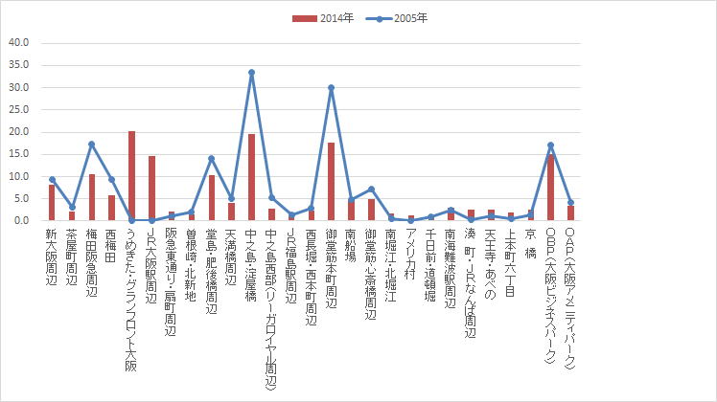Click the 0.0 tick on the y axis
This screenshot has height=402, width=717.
pyautogui.click(x=21, y=220)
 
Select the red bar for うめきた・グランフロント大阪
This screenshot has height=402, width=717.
pyautogui.click(x=131, y=176)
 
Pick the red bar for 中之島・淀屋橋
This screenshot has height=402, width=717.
pyautogui.click(x=251, y=177)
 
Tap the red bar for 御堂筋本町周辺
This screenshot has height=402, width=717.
pyautogui.click(x=331, y=182)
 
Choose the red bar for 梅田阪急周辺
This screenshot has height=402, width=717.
pyautogui.click(x=91, y=197)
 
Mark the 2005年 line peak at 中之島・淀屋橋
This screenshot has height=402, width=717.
pyautogui.click(x=251, y=72)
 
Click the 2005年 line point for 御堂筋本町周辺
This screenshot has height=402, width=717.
pyautogui.click(x=331, y=87)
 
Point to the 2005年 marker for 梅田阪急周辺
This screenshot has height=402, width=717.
pyautogui.click(x=91, y=144)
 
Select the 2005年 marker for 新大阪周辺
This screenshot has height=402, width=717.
pyautogui.click(x=52, y=179)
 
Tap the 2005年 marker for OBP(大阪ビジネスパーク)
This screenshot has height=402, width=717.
pyautogui.click(x=550, y=145)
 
